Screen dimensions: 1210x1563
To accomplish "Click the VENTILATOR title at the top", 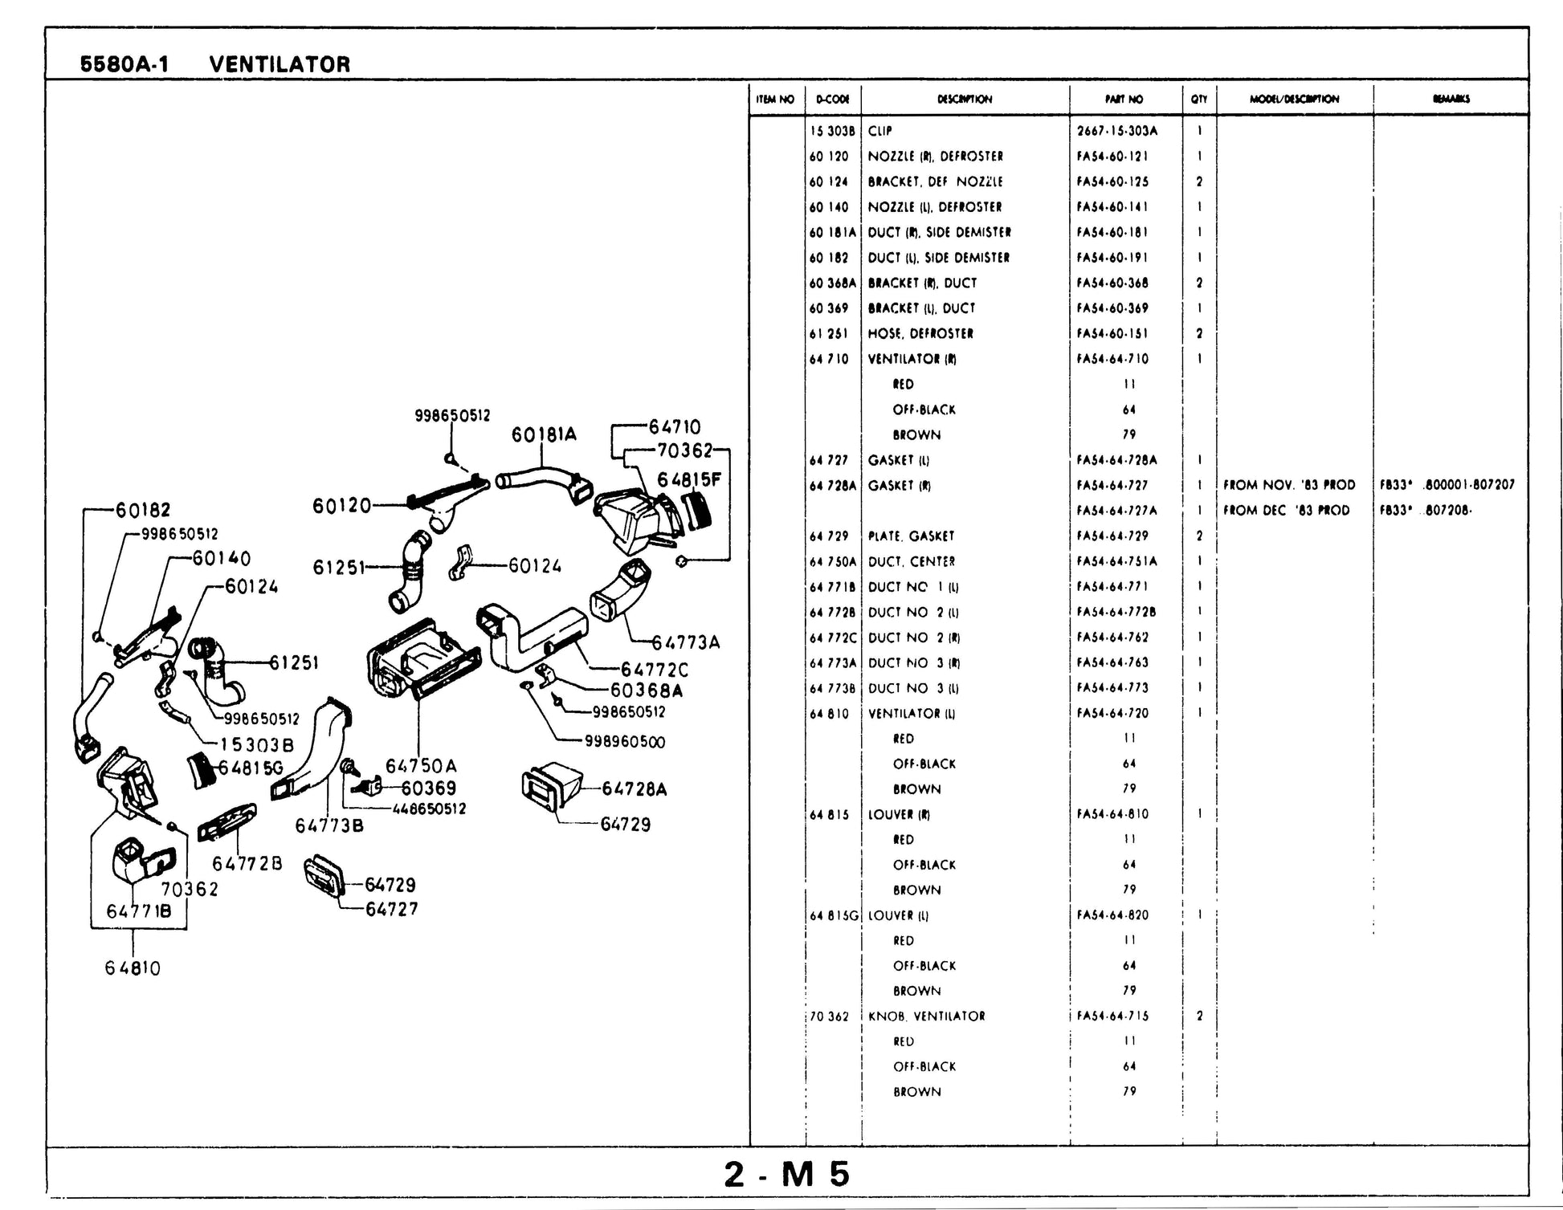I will pos(280,64).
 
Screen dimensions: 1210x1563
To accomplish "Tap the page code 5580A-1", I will pos(124,64).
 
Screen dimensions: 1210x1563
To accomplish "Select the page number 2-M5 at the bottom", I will pos(786,1175).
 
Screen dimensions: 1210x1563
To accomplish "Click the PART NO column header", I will pos(1124,100).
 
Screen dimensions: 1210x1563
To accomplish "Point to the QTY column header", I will pos(1199,100).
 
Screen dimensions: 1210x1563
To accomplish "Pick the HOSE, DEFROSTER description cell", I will pos(920,333).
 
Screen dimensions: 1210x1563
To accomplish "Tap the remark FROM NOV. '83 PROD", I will pos(1289,485).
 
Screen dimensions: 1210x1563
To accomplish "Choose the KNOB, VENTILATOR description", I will pos(927,1016).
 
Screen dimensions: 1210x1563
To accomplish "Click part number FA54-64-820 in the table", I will pos(1112,915).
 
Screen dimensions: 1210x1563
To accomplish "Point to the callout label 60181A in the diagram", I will pos(544,435).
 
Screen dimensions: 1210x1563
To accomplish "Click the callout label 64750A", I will pos(421,766).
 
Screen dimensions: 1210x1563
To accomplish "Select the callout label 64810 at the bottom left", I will pos(133,968).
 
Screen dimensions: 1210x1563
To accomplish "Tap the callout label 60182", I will pos(143,510).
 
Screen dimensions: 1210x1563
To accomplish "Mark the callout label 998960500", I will pos(625,742).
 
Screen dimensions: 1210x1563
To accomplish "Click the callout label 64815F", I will pos(688,480).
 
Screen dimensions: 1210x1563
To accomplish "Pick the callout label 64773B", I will pos(329,825).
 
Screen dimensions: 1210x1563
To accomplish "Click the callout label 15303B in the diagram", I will pos(257,744).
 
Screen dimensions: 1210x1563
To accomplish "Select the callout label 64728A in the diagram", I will pos(635,789).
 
